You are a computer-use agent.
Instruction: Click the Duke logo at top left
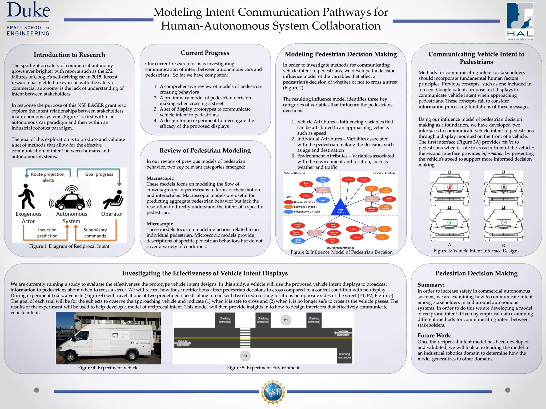28,19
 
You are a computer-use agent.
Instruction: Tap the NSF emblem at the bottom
273,392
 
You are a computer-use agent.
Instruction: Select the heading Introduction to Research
69,55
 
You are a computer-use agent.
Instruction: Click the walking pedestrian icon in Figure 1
26,197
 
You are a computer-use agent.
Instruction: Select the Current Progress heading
205,53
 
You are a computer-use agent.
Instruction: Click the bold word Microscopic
159,224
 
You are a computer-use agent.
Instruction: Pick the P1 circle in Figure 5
286,320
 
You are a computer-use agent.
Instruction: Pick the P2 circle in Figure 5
245,356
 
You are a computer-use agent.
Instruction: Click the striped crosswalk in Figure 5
245,338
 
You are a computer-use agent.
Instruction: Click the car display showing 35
504,187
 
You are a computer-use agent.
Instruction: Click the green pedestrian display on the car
450,222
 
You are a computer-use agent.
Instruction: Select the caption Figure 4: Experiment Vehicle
108,368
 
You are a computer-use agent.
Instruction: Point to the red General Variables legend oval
288,202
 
